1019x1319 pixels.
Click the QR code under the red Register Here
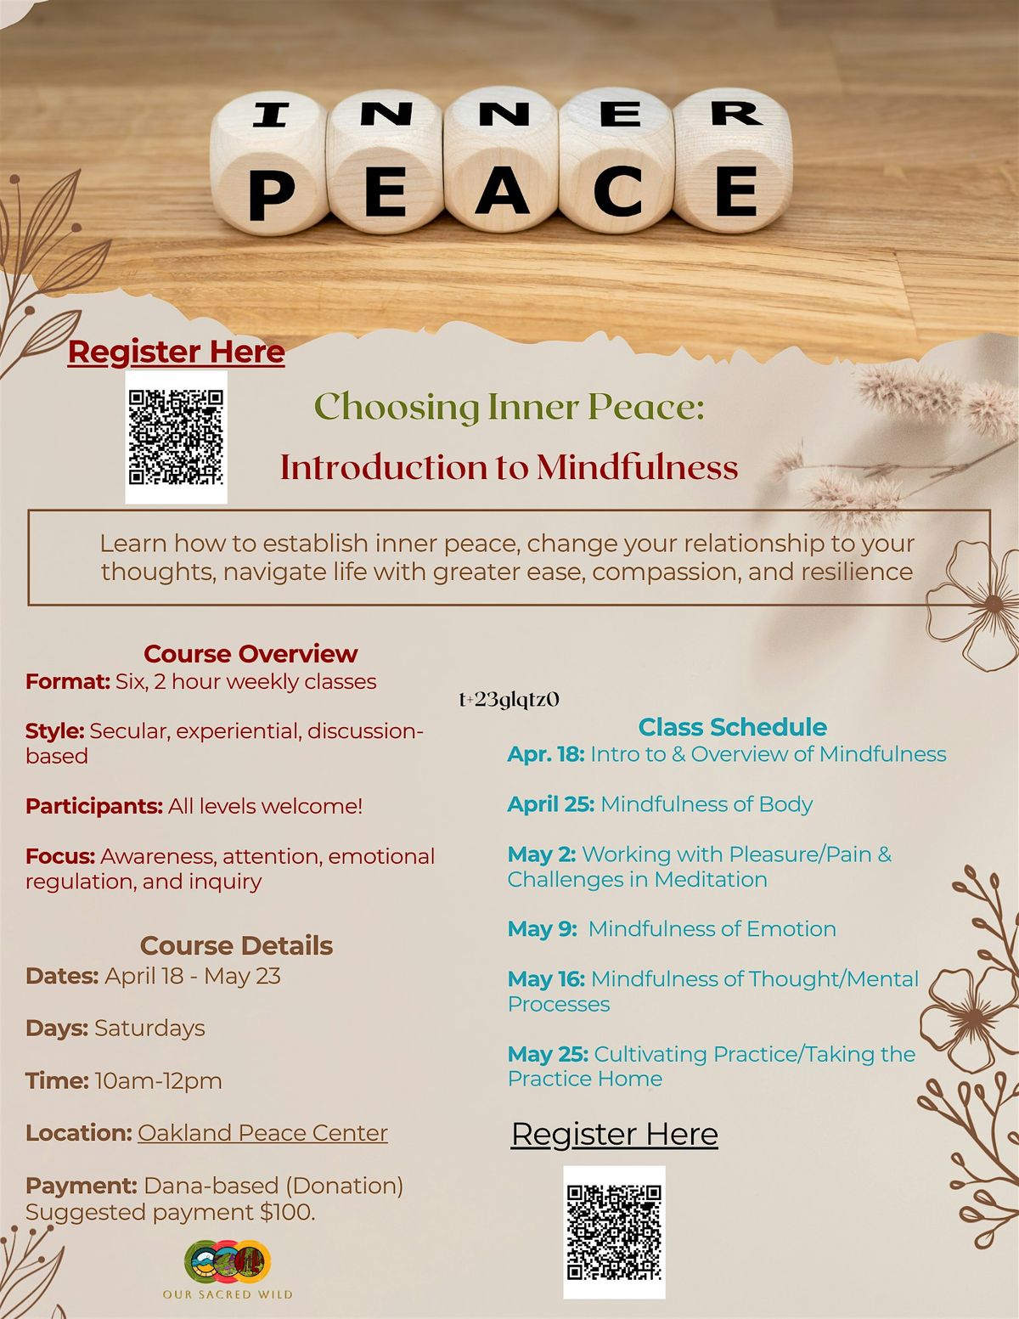coord(176,437)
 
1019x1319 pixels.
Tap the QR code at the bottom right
coord(614,1232)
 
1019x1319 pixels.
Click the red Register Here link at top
coord(176,352)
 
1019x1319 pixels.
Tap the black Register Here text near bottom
coord(614,1134)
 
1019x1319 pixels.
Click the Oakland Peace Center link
coord(262,1133)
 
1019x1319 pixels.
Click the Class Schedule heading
coord(732,727)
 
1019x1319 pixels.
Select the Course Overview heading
coord(251,653)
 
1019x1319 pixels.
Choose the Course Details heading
coord(236,945)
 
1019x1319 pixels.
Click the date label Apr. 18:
coord(545,754)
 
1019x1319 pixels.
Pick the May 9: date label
coord(543,929)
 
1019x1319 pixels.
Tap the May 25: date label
coord(548,1054)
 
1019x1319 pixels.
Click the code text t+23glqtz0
coord(509,700)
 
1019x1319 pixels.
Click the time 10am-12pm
coord(158,1080)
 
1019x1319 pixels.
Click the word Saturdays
coord(149,1028)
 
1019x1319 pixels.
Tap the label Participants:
coord(93,806)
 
